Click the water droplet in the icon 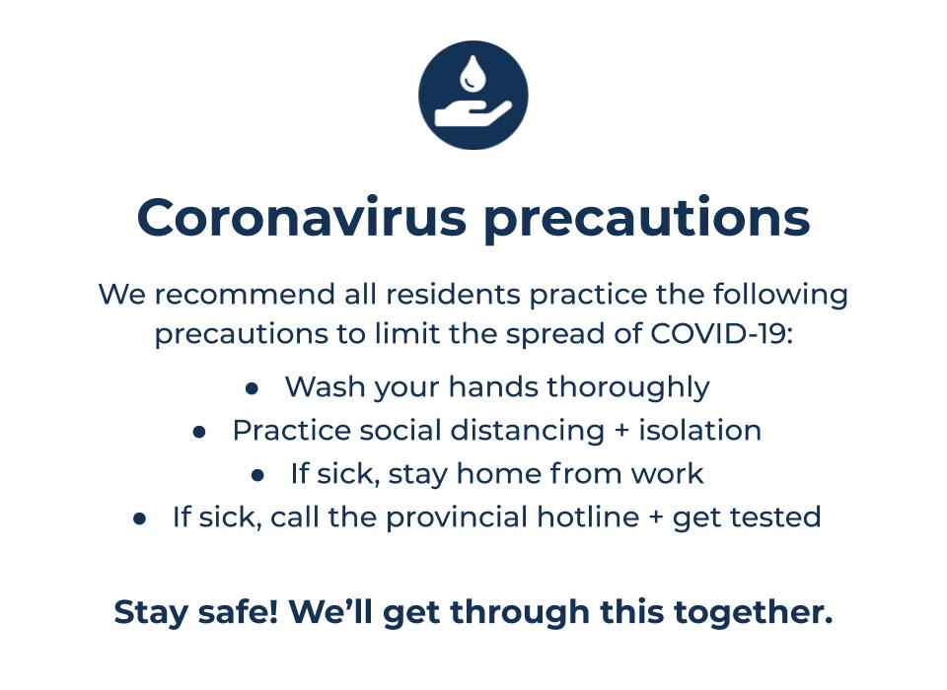[x=473, y=72]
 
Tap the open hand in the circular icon [x=473, y=114]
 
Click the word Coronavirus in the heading [x=301, y=218]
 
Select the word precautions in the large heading [x=646, y=218]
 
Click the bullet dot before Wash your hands [x=253, y=388]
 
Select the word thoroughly [x=627, y=387]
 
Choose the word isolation [x=699, y=431]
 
